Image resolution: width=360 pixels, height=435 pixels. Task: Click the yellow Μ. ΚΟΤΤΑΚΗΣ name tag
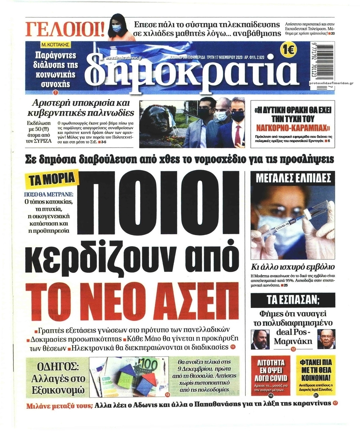click(x=55, y=44)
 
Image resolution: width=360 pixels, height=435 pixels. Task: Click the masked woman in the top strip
click(x=120, y=26)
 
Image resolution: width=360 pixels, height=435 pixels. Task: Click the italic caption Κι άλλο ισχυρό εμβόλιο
click(x=293, y=267)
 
